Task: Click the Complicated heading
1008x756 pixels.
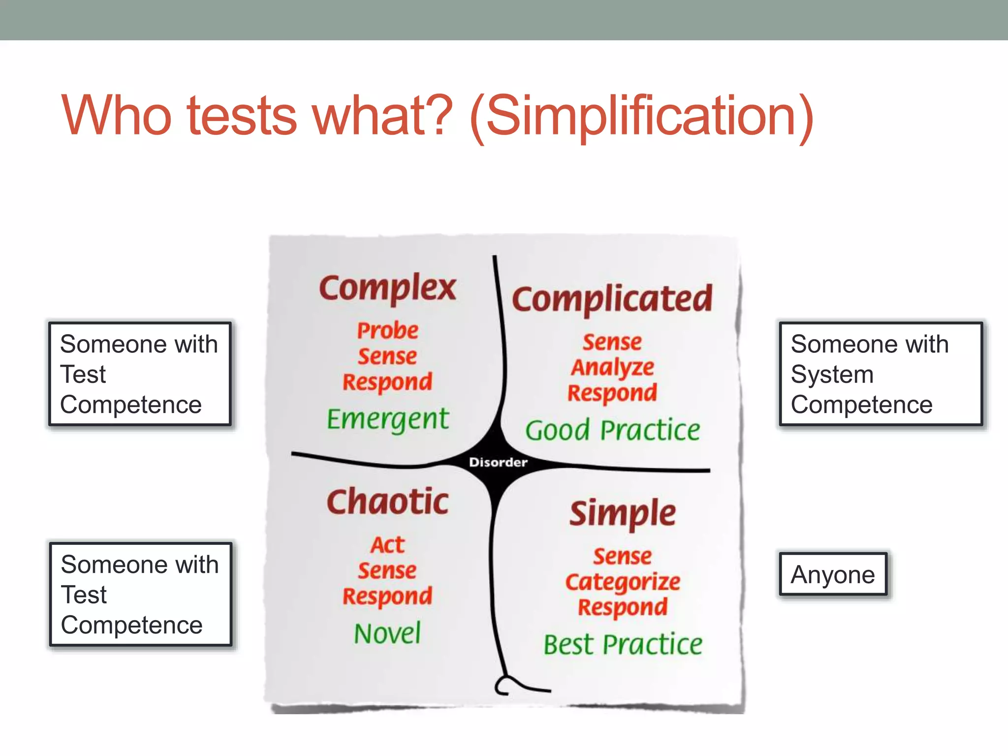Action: pyautogui.click(x=612, y=299)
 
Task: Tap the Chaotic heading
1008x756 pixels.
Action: pyautogui.click(x=387, y=502)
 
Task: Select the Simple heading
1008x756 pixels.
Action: pyautogui.click(x=623, y=513)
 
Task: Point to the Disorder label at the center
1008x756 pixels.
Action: pyautogui.click(x=498, y=462)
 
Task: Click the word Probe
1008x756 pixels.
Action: pyautogui.click(x=387, y=330)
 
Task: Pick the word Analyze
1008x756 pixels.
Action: pyautogui.click(x=612, y=368)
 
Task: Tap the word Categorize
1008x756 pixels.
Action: pyautogui.click(x=623, y=582)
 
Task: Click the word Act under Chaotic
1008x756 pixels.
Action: pyautogui.click(x=387, y=545)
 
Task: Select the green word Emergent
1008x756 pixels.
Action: pyautogui.click(x=387, y=419)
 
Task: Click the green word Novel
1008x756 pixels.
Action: pyautogui.click(x=387, y=633)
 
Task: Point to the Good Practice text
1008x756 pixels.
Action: pyautogui.click(x=612, y=430)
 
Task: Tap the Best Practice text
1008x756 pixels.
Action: pyautogui.click(x=623, y=644)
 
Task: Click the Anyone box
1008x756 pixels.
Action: pyautogui.click(x=833, y=574)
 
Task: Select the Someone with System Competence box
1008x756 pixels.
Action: pyautogui.click(x=880, y=374)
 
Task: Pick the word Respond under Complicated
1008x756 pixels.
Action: pyautogui.click(x=612, y=393)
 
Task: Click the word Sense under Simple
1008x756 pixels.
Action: pyautogui.click(x=623, y=556)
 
